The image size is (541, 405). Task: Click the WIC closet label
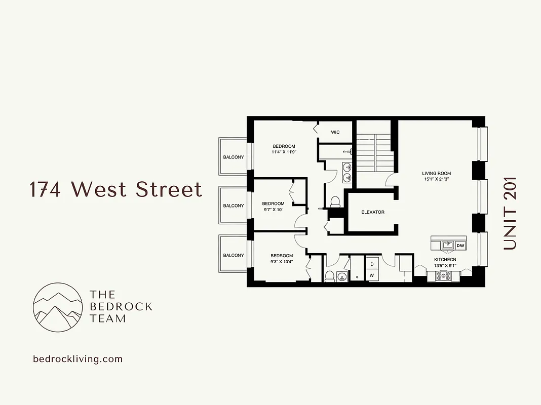point(335,132)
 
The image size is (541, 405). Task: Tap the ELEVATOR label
point(373,212)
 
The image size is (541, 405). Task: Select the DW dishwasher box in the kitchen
point(460,246)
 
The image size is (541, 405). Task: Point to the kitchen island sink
point(448,245)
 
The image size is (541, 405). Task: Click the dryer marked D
point(371,264)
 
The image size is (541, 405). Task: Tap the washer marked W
point(371,275)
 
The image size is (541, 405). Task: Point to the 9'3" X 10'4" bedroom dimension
point(282,261)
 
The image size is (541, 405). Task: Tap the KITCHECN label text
point(445,260)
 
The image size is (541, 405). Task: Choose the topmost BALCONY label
point(234,157)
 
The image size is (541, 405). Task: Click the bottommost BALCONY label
point(234,255)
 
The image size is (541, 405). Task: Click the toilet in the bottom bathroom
point(329,276)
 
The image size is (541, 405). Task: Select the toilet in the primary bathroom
point(335,202)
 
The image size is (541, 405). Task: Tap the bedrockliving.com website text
point(78,359)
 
